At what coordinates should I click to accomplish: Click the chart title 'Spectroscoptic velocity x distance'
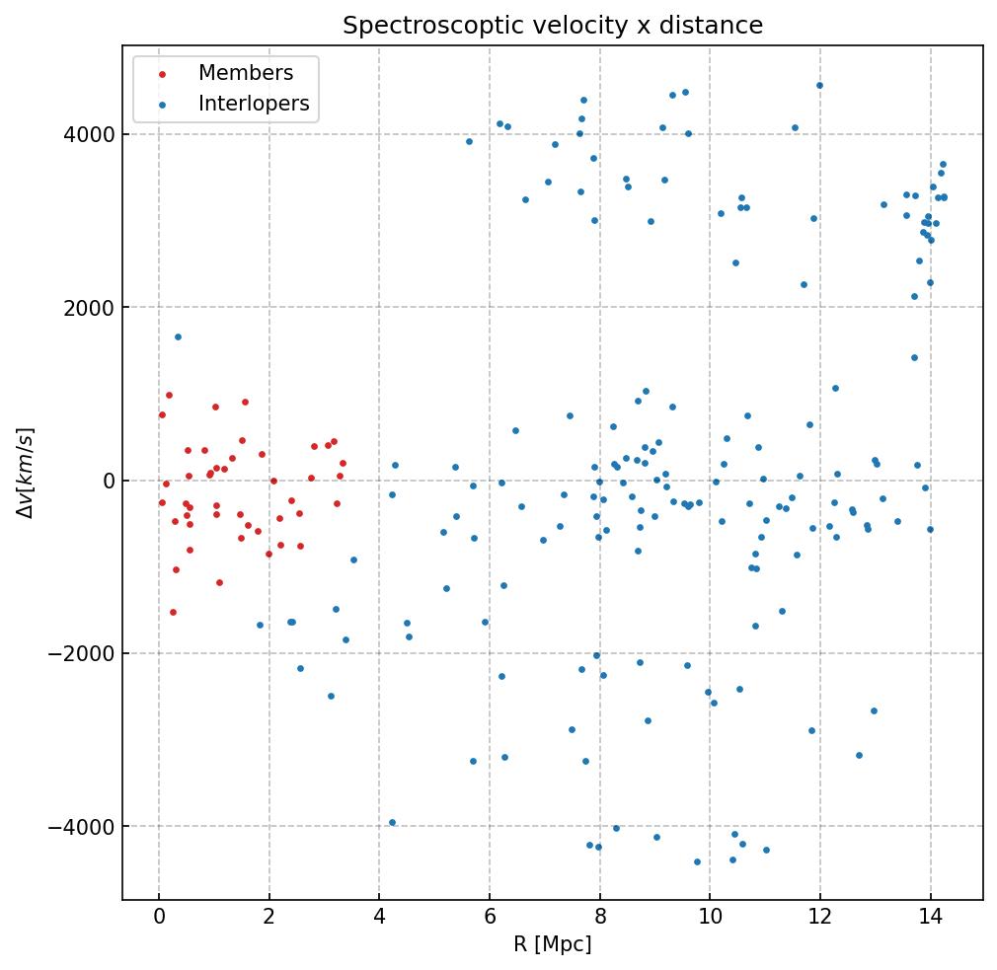point(553,26)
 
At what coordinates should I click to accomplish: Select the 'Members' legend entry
point(246,74)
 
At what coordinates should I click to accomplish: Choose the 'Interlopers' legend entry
point(254,104)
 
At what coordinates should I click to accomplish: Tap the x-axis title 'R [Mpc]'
point(553,944)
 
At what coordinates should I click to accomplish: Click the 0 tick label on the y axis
point(110,481)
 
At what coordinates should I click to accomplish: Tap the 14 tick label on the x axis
point(930,917)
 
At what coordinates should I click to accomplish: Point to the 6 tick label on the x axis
point(490,917)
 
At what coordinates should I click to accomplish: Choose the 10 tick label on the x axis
point(710,917)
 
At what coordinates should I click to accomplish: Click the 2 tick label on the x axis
point(268,917)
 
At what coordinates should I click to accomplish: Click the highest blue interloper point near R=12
point(819,86)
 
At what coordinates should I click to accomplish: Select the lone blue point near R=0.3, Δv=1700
point(178,336)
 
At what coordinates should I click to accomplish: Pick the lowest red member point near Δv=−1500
point(173,612)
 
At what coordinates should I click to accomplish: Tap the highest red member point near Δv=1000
point(169,395)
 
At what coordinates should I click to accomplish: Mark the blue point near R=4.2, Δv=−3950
point(392,822)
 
